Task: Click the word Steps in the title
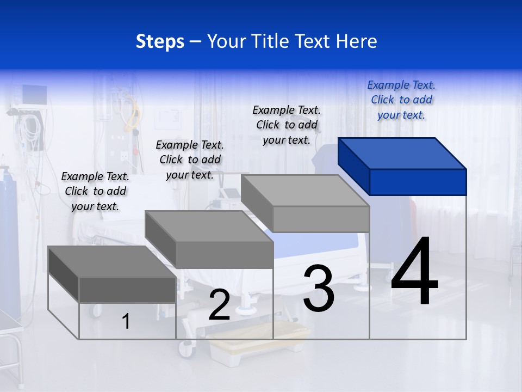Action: pyautogui.click(x=160, y=41)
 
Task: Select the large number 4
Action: pyautogui.click(x=414, y=272)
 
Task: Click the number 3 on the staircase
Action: pyautogui.click(x=318, y=289)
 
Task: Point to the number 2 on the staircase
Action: pyautogui.click(x=219, y=305)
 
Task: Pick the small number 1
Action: pyautogui.click(x=126, y=321)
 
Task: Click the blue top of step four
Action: pyautogui.click(x=401, y=153)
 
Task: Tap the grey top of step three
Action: pyautogui.click(x=304, y=191)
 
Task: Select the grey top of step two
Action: pyautogui.click(x=208, y=226)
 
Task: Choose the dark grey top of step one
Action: pyautogui.click(x=112, y=261)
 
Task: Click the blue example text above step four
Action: pyautogui.click(x=401, y=100)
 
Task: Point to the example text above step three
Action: pyautogui.click(x=287, y=125)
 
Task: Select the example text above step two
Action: pyautogui.click(x=190, y=160)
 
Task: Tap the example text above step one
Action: pyautogui.click(x=95, y=191)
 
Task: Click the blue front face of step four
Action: pyautogui.click(x=418, y=182)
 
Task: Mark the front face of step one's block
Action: pyautogui.click(x=127, y=290)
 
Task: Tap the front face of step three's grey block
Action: pyautogui.click(x=321, y=219)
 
